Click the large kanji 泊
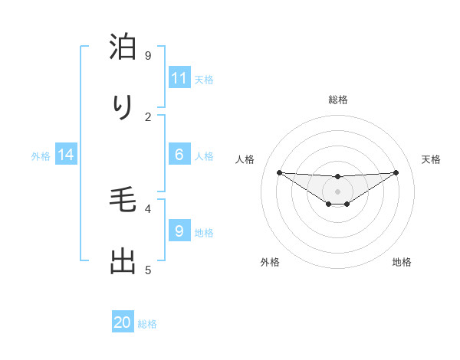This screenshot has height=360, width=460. (123, 47)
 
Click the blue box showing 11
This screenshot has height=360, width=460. (179, 78)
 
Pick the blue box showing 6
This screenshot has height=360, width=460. (179, 155)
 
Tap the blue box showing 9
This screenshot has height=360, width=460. (179, 231)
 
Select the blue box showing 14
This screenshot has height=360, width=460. (66, 155)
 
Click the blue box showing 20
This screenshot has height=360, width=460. (123, 322)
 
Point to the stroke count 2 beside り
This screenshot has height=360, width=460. (148, 116)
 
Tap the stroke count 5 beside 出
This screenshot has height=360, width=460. (148, 270)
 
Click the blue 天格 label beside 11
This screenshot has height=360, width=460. (204, 79)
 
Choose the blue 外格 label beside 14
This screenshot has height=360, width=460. (41, 155)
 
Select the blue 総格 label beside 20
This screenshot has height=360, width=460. (147, 323)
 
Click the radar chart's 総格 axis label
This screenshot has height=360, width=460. (337, 100)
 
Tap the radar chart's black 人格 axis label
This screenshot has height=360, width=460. (245, 159)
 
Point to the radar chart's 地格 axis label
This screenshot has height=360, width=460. (402, 263)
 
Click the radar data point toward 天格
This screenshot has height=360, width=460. (396, 172)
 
